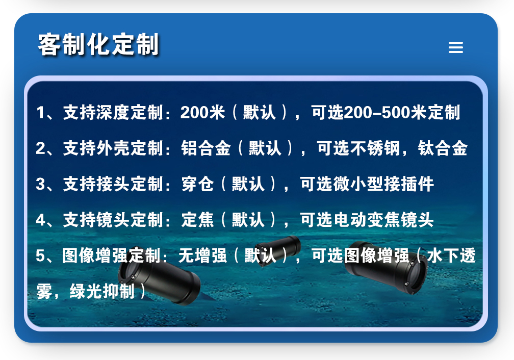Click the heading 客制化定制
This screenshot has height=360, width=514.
tap(98, 44)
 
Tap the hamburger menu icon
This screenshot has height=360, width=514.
tap(456, 47)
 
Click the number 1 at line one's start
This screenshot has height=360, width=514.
tap(41, 113)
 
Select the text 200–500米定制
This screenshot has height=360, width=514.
tap(402, 113)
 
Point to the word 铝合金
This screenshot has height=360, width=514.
tap(206, 148)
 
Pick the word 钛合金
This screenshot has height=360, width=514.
tap(443, 148)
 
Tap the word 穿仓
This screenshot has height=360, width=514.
tap(198, 184)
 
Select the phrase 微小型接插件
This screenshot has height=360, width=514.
tap(383, 184)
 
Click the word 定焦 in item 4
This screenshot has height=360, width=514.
tap(198, 220)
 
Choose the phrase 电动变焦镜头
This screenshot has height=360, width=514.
tap(383, 220)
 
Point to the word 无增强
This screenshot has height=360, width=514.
tap(202, 255)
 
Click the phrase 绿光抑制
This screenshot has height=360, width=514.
tap(102, 291)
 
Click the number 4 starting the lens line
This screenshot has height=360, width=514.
tap(41, 220)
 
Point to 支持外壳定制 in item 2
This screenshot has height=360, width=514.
tap(113, 148)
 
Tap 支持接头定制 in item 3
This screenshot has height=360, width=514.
tap(113, 184)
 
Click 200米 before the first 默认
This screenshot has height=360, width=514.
tap(202, 113)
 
